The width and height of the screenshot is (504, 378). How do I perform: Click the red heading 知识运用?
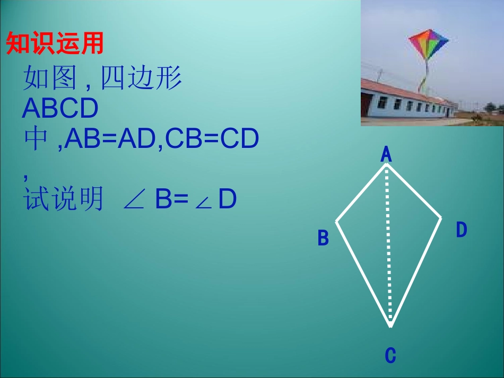[54, 44]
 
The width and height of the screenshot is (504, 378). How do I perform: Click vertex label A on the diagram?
[386, 154]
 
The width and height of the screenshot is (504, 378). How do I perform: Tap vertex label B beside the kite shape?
[323, 238]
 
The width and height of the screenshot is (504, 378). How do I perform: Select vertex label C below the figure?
[390, 355]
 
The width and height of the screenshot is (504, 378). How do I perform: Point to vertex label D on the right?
[462, 230]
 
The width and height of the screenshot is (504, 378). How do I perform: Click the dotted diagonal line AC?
[388, 244]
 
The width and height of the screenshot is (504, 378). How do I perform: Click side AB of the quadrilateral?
[361, 192]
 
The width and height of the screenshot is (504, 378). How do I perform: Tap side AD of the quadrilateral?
[414, 191]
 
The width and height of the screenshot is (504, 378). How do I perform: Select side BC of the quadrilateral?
[363, 271]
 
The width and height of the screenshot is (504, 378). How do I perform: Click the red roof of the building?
[403, 91]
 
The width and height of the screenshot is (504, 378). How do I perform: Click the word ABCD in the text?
[60, 109]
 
